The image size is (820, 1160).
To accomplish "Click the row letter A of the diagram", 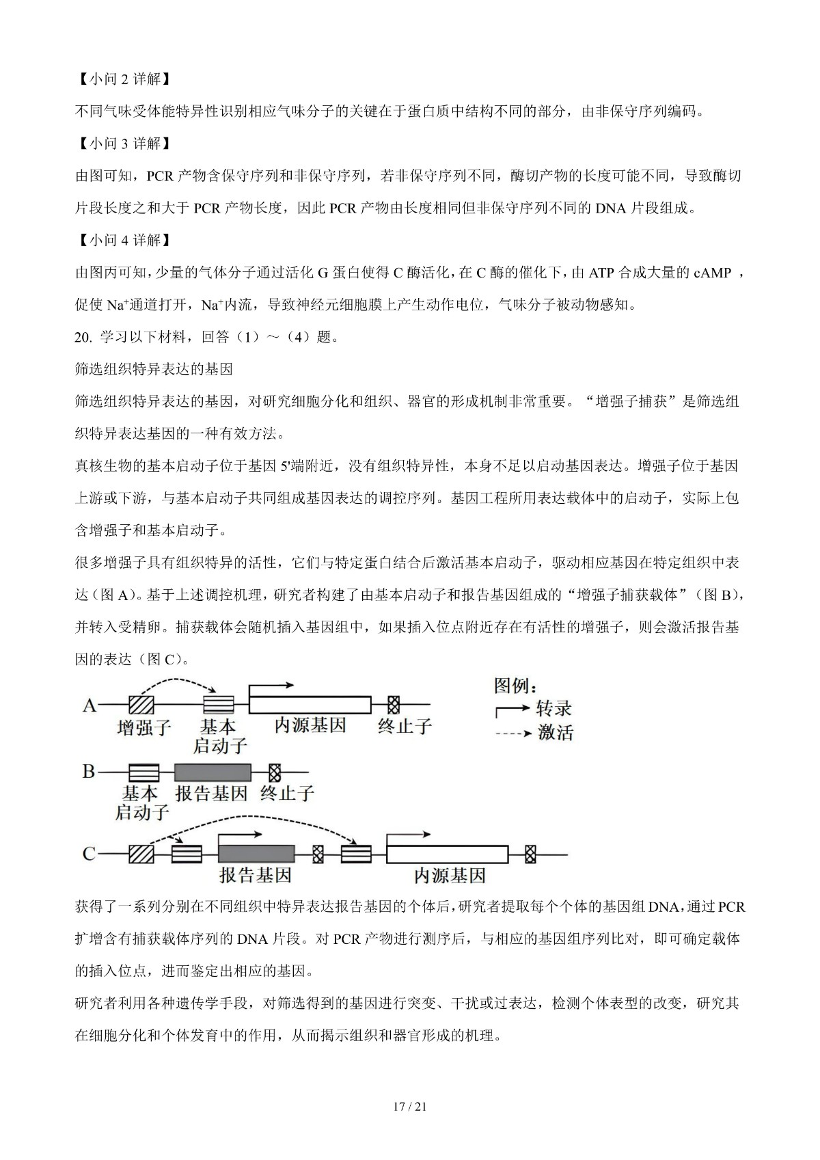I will [x=90, y=705].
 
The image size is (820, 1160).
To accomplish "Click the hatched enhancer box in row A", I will [x=141, y=704].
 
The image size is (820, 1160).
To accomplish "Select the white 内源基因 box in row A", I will [x=310, y=704].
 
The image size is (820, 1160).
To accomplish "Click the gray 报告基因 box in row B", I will [x=213, y=772].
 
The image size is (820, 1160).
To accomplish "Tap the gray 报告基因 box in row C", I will [x=256, y=854].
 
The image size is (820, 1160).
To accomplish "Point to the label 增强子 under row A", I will [x=143, y=727].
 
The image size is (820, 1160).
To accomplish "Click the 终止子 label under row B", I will [x=287, y=794].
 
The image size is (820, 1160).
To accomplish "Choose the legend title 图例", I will [x=516, y=686].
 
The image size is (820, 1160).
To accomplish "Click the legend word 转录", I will [x=554, y=708].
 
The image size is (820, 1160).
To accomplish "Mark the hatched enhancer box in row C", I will [x=141, y=854].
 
